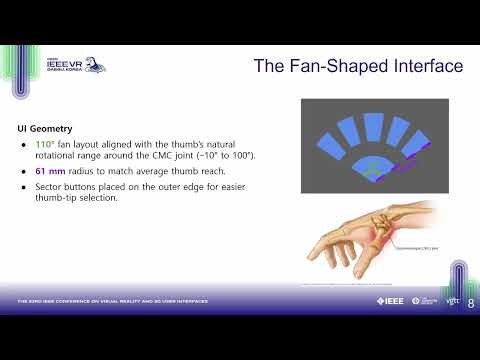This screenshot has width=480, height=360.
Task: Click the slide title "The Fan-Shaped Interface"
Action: click(357, 67)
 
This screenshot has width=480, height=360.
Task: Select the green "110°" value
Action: click(47, 144)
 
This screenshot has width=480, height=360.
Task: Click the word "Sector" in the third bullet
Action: click(52, 186)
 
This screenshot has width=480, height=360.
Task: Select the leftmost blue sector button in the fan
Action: click(327, 150)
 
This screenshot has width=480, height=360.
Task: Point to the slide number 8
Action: click(471, 301)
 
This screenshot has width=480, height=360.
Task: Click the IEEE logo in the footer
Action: click(391, 300)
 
